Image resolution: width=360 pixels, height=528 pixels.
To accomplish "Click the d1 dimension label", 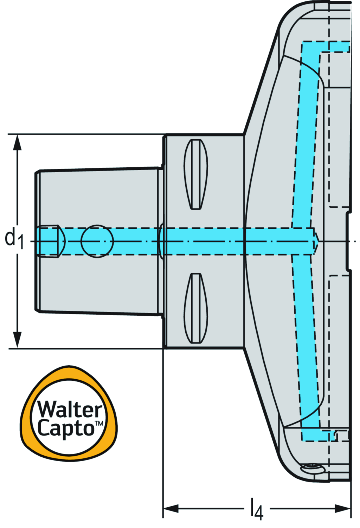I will tap(14, 238).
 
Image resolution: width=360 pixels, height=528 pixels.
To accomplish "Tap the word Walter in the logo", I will tap(70, 410).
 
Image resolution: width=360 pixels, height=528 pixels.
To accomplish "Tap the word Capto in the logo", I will tap(66, 428).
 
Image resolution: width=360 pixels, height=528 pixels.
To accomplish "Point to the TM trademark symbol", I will tap(99, 423).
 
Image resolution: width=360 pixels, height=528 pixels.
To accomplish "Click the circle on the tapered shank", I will tap(97, 242).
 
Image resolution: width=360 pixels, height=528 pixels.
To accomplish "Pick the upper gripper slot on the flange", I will tap(196, 174).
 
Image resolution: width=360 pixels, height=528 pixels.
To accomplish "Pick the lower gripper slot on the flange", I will tap(196, 308).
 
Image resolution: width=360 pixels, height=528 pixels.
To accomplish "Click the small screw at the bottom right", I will tap(313, 468).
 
